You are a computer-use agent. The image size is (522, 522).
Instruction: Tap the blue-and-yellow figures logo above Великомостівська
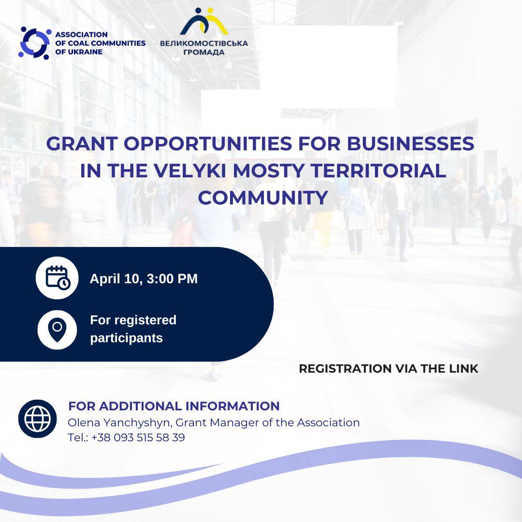[x=204, y=21]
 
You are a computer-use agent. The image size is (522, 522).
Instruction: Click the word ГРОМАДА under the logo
[x=204, y=52]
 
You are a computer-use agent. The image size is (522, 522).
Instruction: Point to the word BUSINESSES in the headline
[x=410, y=144]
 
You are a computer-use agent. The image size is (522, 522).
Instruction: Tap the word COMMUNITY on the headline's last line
[x=263, y=197]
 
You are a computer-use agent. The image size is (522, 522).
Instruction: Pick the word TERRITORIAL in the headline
[x=378, y=171]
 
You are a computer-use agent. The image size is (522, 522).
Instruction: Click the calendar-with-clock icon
[x=57, y=278]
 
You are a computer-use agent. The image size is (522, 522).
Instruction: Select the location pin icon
[x=57, y=330]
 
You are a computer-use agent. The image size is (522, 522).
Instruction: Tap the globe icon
[x=38, y=419]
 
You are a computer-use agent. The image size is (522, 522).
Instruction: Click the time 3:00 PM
[x=172, y=279]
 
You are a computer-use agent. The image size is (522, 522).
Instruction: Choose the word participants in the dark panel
[x=127, y=338]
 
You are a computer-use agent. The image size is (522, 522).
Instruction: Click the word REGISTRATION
[x=345, y=368]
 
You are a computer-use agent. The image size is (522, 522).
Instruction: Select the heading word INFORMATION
[x=232, y=406]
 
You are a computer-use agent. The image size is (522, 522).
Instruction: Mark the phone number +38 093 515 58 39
[x=138, y=437]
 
